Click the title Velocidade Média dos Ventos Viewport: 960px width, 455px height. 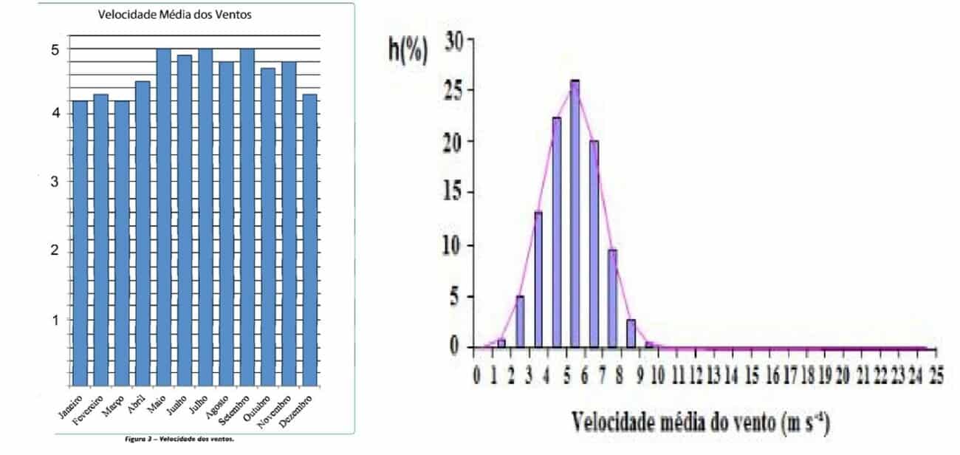[x=176, y=14]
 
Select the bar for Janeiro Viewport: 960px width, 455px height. [x=80, y=244]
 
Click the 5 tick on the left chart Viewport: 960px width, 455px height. [x=54, y=49]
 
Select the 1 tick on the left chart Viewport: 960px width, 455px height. [x=54, y=320]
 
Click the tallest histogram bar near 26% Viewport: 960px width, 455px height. [x=575, y=214]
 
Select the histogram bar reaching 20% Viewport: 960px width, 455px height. [x=594, y=244]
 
